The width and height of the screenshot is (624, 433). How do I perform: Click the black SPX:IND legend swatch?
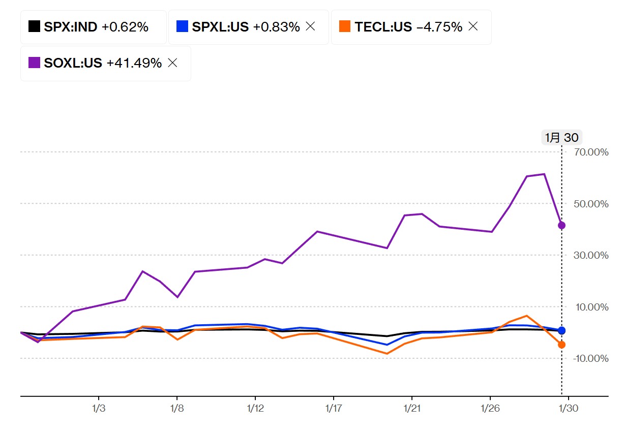pyautogui.click(x=34, y=26)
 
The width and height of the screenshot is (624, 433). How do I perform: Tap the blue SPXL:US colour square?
pyautogui.click(x=182, y=26)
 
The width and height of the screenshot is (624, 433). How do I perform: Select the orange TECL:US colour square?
pyautogui.click(x=345, y=26)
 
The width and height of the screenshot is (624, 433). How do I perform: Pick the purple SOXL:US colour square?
pyautogui.click(x=34, y=63)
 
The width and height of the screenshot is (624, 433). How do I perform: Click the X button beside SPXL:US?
pyautogui.click(x=310, y=26)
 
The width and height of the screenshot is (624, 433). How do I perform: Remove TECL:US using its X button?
pyautogui.click(x=473, y=26)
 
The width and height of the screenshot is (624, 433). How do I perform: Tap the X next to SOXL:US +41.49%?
pyautogui.click(x=172, y=63)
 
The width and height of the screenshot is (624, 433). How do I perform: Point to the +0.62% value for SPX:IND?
pyautogui.click(x=125, y=27)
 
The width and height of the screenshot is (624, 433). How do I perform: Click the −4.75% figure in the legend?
pyautogui.click(x=439, y=27)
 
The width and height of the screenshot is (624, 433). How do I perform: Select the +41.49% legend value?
pyautogui.click(x=134, y=64)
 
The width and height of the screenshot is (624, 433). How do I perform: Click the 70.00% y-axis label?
pyautogui.click(x=591, y=152)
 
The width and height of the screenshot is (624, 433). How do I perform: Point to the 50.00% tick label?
pyautogui.click(x=591, y=204)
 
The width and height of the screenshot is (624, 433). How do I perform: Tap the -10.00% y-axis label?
pyautogui.click(x=590, y=358)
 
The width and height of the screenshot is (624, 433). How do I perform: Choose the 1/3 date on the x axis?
pyautogui.click(x=98, y=409)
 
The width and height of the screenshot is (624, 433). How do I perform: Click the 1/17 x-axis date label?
pyautogui.click(x=333, y=409)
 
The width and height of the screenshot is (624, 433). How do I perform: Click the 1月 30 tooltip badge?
pyautogui.click(x=561, y=138)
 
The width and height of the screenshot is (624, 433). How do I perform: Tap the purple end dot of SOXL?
pyautogui.click(x=561, y=225)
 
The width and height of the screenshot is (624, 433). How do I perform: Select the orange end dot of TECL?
pyautogui.click(x=561, y=345)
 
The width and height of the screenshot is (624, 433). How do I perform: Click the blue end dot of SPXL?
pyautogui.click(x=561, y=330)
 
